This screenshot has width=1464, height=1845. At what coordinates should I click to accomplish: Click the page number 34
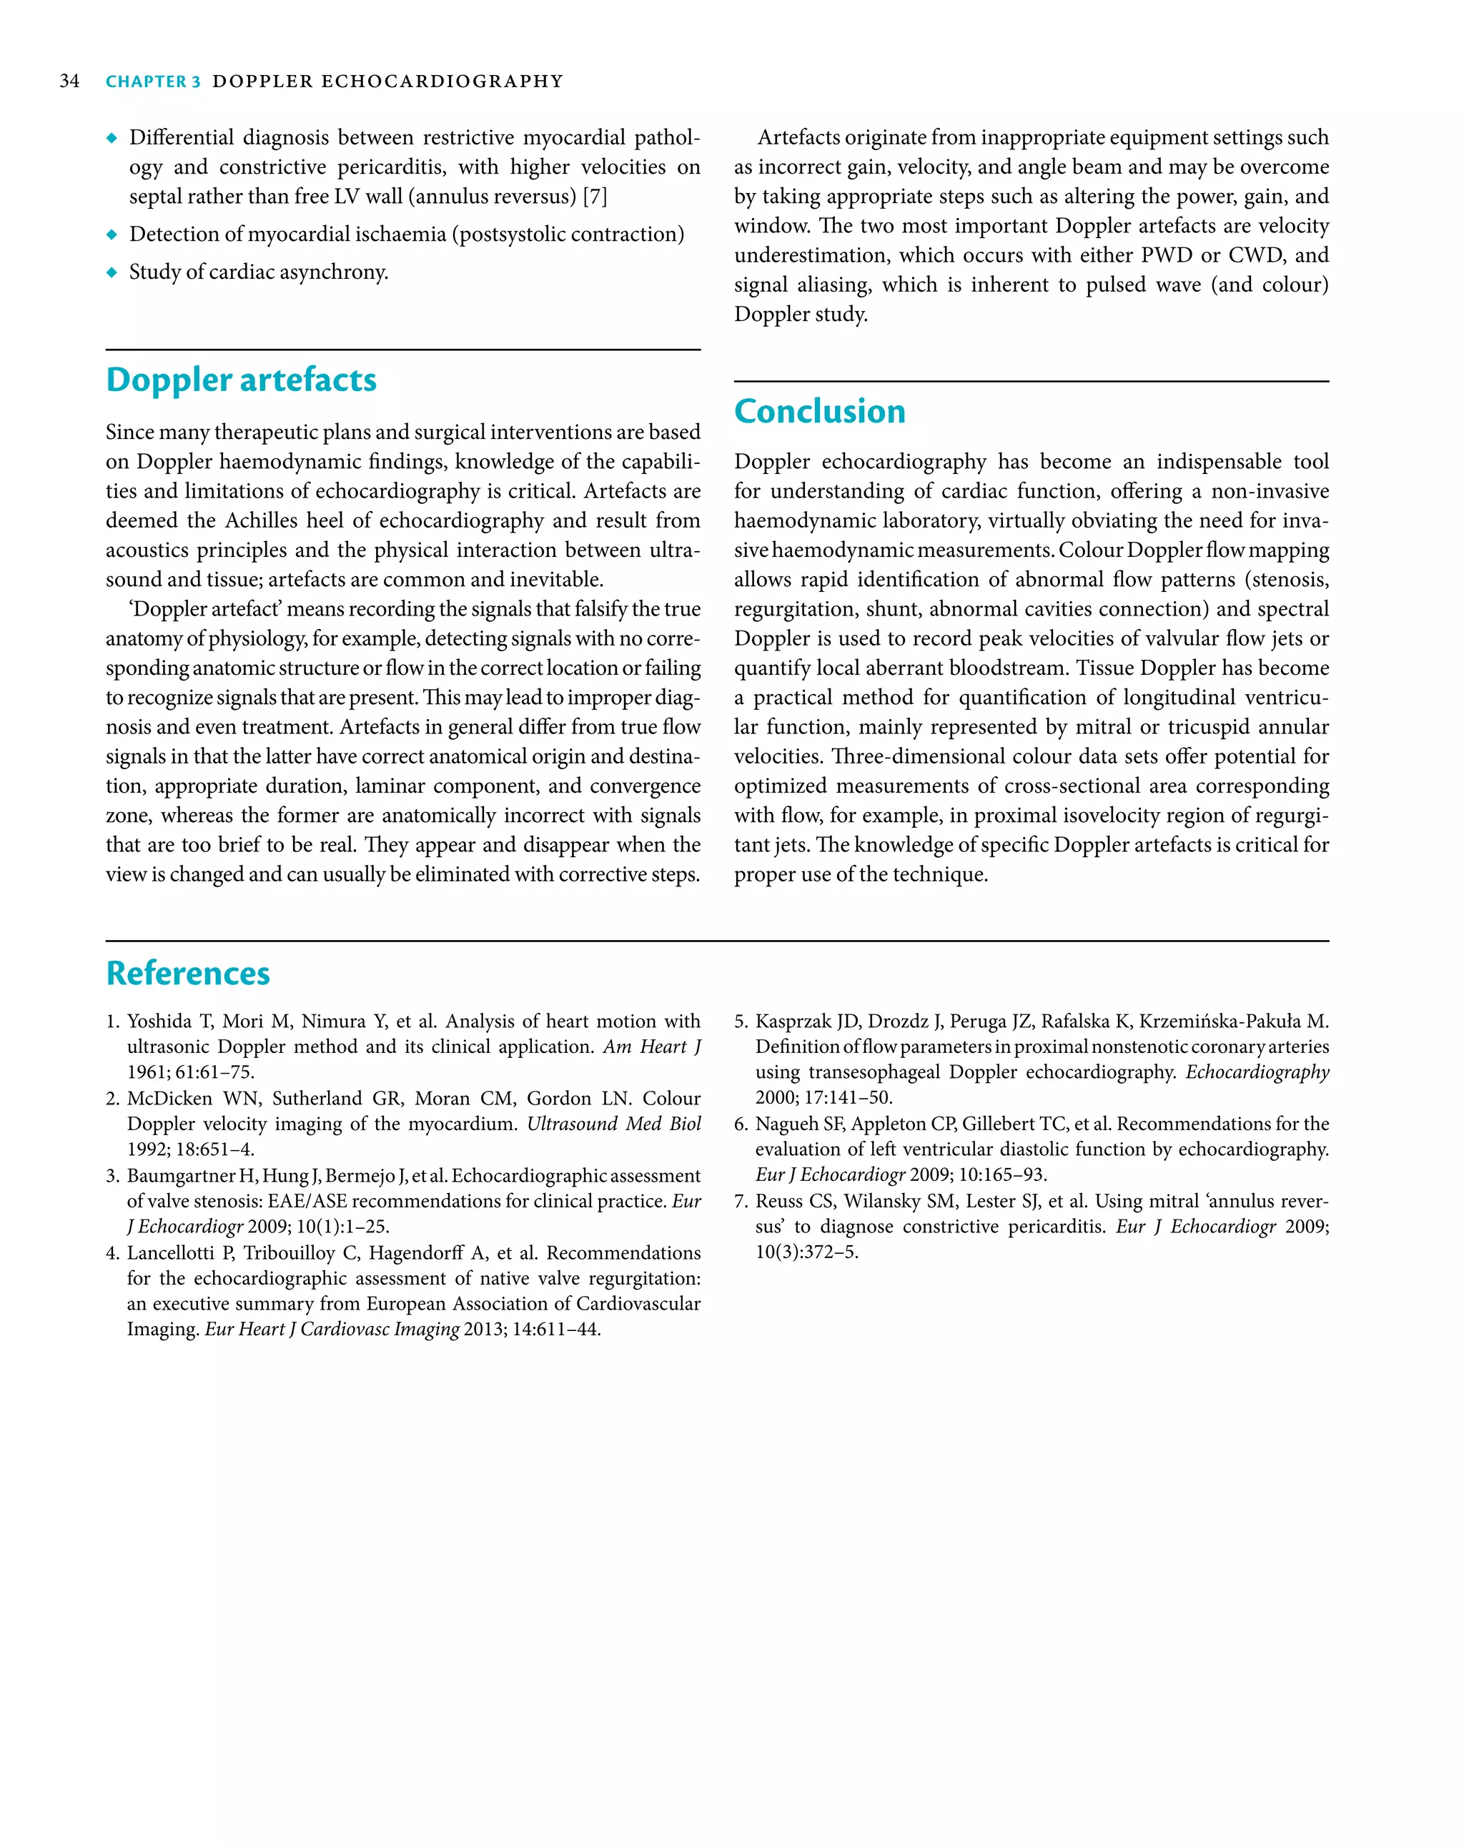(x=69, y=81)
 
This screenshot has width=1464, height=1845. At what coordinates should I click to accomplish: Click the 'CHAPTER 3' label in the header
(x=152, y=82)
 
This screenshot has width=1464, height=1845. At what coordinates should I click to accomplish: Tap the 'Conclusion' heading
(x=818, y=412)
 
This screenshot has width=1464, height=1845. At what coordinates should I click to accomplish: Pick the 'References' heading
(x=187, y=974)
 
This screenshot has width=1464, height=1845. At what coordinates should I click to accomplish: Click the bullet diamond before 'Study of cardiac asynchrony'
(x=112, y=272)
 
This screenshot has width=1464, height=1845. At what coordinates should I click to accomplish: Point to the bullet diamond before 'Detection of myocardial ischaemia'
(x=112, y=234)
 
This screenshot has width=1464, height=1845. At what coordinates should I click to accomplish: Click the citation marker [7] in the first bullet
(x=595, y=197)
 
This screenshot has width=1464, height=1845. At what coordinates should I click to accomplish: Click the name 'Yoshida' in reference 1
(x=159, y=1022)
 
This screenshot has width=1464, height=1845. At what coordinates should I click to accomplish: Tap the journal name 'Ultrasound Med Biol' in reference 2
(x=613, y=1124)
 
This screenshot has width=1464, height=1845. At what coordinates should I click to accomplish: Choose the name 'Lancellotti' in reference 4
(x=170, y=1253)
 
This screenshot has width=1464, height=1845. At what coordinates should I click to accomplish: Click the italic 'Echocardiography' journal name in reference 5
(x=1256, y=1073)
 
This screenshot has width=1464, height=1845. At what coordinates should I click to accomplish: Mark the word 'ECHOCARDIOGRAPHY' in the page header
(x=442, y=82)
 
